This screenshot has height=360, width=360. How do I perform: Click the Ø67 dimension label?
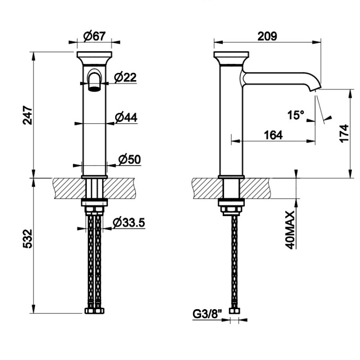tap(95, 36)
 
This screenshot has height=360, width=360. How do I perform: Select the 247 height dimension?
tap(28, 115)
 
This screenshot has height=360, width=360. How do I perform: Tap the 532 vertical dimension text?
tap(28, 239)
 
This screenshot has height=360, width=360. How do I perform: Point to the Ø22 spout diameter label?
tap(125, 77)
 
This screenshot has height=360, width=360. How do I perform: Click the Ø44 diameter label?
tap(126, 118)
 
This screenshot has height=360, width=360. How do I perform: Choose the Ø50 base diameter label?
tap(130, 159)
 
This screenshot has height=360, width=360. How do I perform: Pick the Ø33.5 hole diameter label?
tap(129, 222)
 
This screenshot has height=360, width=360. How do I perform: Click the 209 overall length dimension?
tap(267, 36)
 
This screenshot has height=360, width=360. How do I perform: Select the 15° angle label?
tap(296, 115)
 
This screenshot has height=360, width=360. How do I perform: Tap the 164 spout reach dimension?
tap(273, 135)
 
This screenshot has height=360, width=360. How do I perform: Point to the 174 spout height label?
tap(344, 133)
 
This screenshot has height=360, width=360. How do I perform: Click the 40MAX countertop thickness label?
tap(290, 230)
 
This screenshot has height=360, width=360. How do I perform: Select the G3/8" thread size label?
tap(207, 314)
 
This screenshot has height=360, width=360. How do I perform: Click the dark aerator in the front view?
tap(95, 89)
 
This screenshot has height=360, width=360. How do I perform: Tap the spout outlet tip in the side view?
tap(315, 89)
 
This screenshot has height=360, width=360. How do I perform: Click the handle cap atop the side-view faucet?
tap(231, 58)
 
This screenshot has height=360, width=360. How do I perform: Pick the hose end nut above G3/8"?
tap(234, 311)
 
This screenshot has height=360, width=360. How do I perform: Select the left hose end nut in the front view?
tap(90, 311)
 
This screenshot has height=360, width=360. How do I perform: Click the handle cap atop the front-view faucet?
tap(95, 58)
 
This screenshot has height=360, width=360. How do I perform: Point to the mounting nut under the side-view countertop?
tap(231, 208)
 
